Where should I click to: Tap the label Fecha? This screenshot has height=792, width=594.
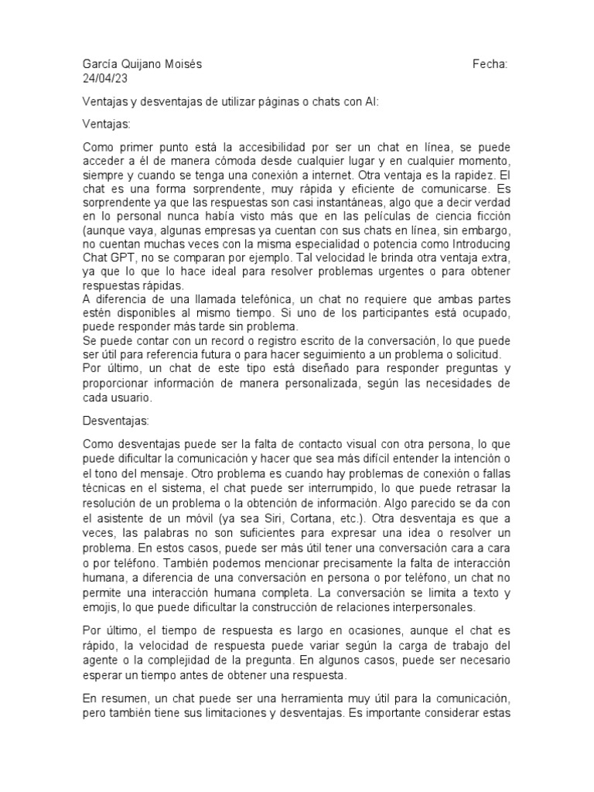(x=490, y=65)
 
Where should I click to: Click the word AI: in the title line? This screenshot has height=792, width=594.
(x=372, y=102)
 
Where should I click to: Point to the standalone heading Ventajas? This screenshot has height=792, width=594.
(x=107, y=124)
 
